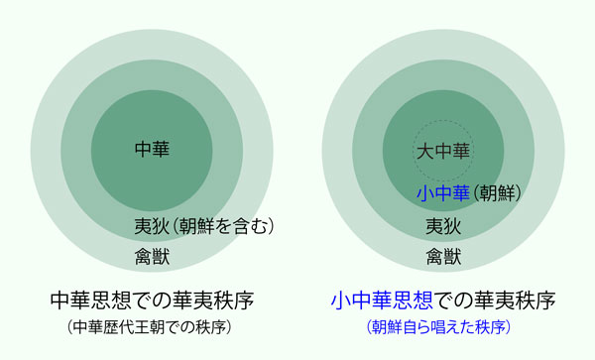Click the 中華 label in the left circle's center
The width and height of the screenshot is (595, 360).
[152, 149]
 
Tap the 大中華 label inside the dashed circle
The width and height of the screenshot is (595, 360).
[443, 151]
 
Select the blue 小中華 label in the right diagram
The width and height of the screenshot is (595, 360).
[443, 193]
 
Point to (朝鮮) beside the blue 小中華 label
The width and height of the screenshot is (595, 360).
[497, 193]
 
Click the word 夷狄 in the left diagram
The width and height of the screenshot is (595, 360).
[152, 226]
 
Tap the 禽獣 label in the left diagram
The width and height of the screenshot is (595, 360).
[152, 257]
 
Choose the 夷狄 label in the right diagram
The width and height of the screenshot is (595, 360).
[443, 226]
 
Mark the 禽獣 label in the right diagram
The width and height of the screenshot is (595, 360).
[443, 257]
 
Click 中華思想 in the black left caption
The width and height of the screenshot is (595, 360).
[91, 300]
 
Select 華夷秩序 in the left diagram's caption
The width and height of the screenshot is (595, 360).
[213, 300]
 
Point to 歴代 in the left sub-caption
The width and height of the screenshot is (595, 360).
[118, 327]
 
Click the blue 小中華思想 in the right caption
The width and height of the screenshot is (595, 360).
[382, 300]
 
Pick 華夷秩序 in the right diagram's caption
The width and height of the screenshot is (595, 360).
[515, 300]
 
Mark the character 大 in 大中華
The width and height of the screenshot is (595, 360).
[425, 151]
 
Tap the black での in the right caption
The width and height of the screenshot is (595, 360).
[454, 300]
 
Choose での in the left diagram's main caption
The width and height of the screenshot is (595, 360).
[152, 300]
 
